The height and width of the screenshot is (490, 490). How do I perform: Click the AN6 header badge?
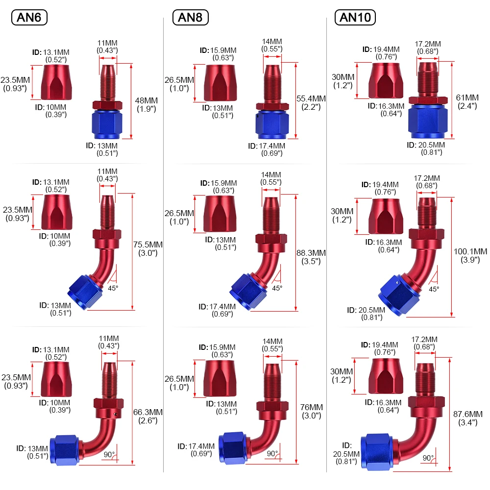click(29, 18)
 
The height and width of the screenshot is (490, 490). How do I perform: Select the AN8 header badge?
click(191, 18)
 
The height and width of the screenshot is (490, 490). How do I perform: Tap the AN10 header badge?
click(355, 18)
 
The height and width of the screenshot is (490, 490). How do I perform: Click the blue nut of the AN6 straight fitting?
click(104, 124)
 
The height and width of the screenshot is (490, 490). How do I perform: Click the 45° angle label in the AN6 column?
click(113, 288)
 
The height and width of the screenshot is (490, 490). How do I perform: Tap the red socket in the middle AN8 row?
click(219, 214)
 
